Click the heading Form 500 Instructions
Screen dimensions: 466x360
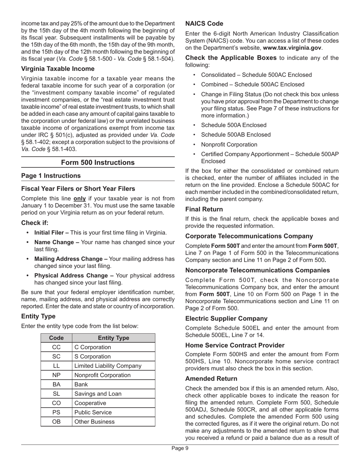(x=98, y=163)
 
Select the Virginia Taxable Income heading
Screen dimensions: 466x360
(x=58, y=69)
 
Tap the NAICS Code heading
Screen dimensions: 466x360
(x=204, y=23)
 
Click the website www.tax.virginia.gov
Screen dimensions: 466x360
(x=292, y=48)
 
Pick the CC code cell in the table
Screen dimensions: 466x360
(x=56, y=347)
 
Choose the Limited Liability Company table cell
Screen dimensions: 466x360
(x=108, y=366)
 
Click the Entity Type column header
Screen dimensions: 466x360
(x=113, y=338)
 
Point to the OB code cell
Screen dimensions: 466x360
(x=56, y=421)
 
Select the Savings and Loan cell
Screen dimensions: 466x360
(x=98, y=394)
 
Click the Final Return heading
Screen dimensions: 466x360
(x=204, y=209)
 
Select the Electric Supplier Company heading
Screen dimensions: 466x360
(x=226, y=319)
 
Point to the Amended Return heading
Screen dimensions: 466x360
(x=211, y=378)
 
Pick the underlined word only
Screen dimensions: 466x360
(x=80, y=198)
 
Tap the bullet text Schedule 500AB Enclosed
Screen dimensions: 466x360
(x=236, y=135)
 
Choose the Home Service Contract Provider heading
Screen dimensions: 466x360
(x=235, y=345)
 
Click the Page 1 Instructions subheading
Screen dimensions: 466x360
(x=51, y=176)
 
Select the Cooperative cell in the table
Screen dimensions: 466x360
(x=91, y=403)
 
